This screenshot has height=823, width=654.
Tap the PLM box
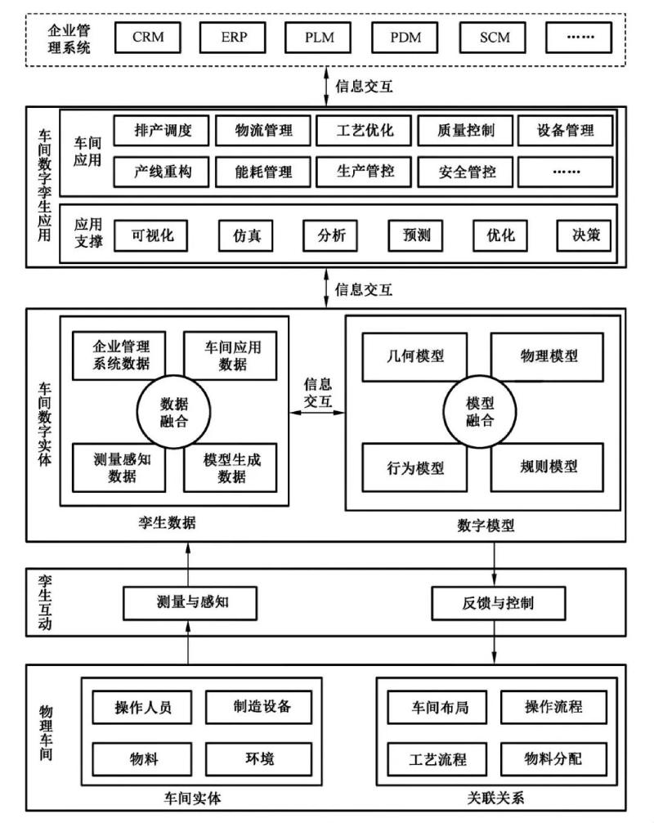[x=320, y=38]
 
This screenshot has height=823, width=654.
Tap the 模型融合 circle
[x=480, y=412]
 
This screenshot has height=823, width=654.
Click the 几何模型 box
[x=414, y=356]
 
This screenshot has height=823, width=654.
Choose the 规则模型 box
[x=548, y=467]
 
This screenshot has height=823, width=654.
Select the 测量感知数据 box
[x=122, y=467]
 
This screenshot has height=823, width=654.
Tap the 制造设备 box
[x=260, y=706]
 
